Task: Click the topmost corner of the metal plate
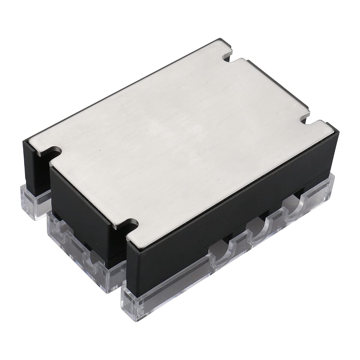(x=221, y=39)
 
